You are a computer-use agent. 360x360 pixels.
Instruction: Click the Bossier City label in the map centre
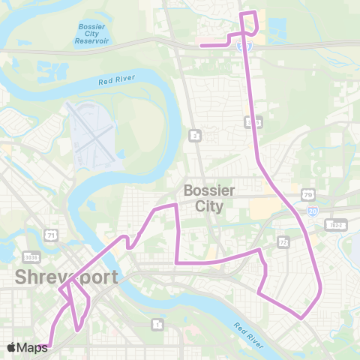tap(208, 197)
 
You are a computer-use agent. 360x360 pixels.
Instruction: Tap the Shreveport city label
tap(66, 277)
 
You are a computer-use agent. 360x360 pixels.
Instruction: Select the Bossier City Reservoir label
tap(92, 34)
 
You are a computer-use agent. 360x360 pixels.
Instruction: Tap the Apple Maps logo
tap(27, 347)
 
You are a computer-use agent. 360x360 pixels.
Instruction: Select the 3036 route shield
tap(30, 256)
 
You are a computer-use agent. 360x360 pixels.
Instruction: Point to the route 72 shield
tap(283, 242)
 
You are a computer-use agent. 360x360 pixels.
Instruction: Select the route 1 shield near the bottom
tap(157, 324)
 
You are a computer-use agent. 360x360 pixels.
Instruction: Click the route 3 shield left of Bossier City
tap(195, 135)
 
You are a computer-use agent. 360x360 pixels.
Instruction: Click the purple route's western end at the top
tap(201, 46)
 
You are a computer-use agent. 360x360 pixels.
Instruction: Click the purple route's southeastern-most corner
tap(301, 318)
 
